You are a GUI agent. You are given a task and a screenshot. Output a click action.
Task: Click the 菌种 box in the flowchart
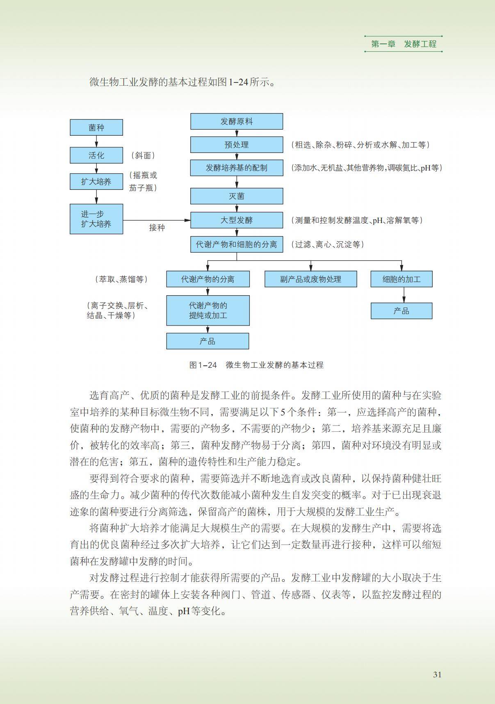(96, 128)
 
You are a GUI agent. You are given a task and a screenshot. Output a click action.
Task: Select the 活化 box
(96, 155)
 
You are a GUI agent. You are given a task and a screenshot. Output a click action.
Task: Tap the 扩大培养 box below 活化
(96, 182)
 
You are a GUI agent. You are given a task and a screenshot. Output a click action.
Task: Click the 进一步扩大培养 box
(96, 219)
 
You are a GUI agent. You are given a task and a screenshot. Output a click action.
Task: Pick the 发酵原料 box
(237, 121)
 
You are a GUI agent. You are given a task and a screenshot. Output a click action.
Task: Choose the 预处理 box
(237, 145)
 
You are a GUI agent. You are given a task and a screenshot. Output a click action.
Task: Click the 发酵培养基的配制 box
(237, 168)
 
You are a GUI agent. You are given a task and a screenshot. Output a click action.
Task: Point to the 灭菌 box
(237, 196)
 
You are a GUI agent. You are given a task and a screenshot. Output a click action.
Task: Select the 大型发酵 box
(237, 220)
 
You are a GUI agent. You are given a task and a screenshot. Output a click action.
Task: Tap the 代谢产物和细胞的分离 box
(237, 244)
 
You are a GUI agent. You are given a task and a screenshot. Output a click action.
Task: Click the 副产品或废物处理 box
(310, 279)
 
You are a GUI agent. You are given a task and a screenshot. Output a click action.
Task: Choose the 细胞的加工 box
(401, 279)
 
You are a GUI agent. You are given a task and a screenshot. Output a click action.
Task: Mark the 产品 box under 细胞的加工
(401, 311)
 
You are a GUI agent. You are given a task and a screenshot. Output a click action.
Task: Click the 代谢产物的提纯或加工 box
(208, 310)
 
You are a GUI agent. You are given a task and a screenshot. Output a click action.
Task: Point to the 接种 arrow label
(157, 228)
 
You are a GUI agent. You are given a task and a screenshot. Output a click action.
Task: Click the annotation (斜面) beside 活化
(143, 155)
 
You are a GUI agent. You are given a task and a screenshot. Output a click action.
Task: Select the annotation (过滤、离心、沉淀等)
(328, 244)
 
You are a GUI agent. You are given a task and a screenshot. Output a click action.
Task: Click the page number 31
(437, 675)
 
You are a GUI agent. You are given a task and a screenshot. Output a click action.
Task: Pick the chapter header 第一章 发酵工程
(404, 44)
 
